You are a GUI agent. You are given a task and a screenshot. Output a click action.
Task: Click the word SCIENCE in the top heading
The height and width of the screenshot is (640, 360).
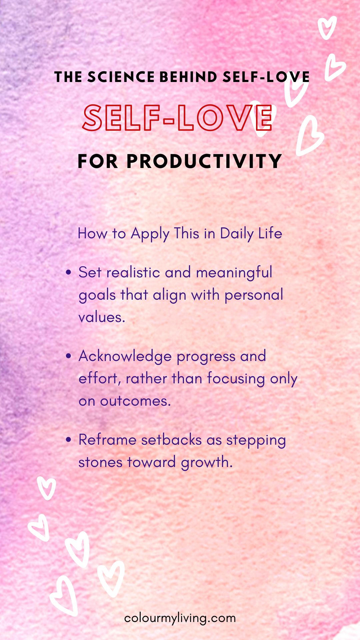tap(121, 77)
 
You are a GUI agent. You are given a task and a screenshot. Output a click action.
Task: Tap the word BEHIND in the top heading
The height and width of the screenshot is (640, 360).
tap(189, 77)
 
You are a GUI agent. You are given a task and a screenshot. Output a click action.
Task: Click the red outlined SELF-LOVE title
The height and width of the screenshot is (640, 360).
tap(177, 118)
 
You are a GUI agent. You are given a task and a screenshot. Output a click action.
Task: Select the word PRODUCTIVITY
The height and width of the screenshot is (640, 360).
tap(204, 161)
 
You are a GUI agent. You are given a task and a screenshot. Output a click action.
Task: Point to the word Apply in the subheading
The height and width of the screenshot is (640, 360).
tap(150, 234)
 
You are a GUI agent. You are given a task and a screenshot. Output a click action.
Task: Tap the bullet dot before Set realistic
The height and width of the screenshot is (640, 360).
tap(69, 273)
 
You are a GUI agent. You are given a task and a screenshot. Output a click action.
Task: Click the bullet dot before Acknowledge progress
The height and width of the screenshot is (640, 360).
tap(69, 356)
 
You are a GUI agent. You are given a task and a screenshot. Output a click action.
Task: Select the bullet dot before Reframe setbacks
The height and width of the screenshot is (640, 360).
tap(69, 440)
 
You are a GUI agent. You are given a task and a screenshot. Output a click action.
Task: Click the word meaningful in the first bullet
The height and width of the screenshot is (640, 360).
tap(234, 273)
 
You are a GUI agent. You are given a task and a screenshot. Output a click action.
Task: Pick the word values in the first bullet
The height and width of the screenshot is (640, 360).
tap(102, 317)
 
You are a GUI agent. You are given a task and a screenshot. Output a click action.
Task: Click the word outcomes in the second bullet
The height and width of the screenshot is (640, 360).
tap(135, 401)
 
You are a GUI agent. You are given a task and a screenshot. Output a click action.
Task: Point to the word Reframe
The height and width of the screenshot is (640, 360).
tap(107, 440)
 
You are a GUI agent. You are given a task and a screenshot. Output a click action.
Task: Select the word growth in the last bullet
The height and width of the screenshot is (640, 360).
tap(207, 463)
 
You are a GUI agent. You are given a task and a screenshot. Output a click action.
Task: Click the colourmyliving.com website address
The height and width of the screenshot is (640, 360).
tap(180, 618)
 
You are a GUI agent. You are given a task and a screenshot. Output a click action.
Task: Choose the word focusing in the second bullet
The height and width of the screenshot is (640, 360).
tap(236, 379)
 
